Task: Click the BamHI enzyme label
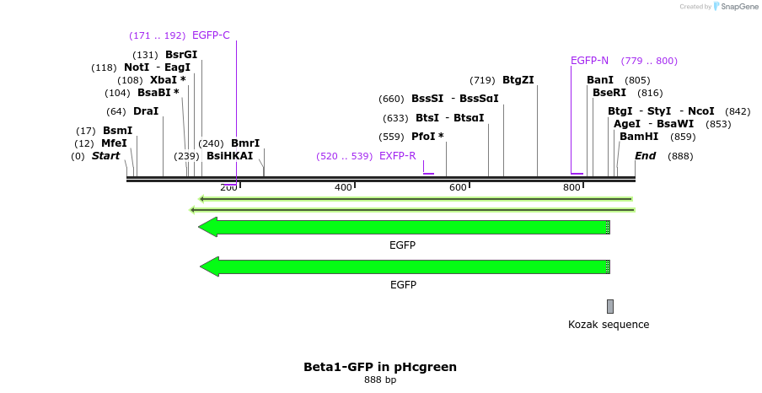pos(639,137)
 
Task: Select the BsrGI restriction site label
pos(181,55)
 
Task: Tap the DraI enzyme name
pos(146,111)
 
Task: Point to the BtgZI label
pos(518,80)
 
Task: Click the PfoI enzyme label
pos(427,137)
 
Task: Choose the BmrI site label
pos(245,143)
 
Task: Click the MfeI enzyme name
pos(114,143)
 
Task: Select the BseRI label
pos(609,93)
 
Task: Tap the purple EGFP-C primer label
pos(211,35)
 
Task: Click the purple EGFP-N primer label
pos(589,61)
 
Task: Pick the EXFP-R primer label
pos(398,156)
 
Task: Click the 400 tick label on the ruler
pos(343,187)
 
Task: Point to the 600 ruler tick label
pos(458,187)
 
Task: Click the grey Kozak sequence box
pos(610,306)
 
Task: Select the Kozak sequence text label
pos(609,325)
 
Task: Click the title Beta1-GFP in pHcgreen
pos(380,367)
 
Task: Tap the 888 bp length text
pos(380,380)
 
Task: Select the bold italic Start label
pos(106,156)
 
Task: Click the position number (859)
pos(683,137)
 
